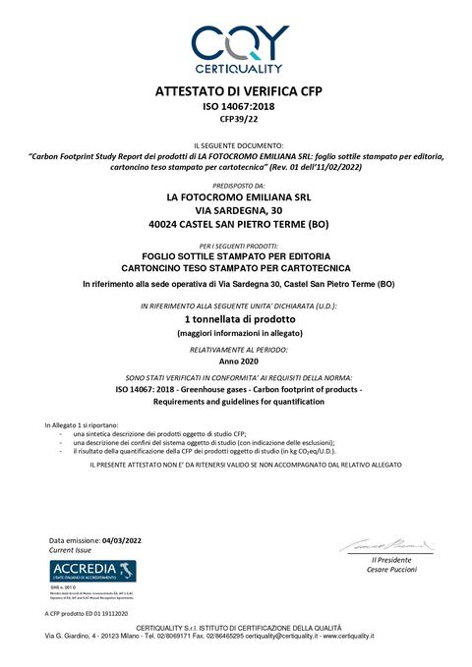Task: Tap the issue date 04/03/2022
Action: (x=122, y=541)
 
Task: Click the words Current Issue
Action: (x=70, y=551)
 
